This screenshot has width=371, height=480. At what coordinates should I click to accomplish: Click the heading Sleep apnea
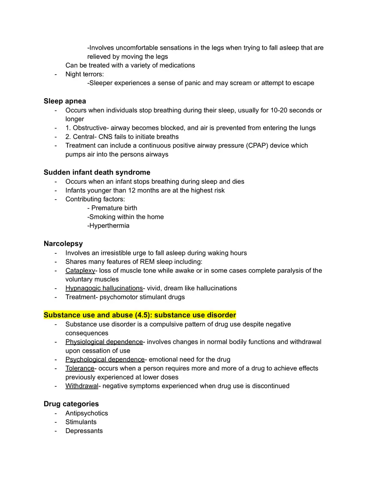click(65, 101)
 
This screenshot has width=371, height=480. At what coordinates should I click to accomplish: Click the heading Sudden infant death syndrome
click(97, 172)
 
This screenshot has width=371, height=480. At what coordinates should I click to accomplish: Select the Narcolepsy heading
click(63, 244)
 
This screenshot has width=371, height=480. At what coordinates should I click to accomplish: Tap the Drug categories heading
click(71, 404)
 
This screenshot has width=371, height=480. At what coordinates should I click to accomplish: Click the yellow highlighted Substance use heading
click(140, 315)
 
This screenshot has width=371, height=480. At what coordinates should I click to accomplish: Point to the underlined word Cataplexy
click(80, 271)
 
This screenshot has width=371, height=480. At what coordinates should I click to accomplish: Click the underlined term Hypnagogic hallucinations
click(104, 288)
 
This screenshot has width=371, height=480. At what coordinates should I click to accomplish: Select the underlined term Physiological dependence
click(104, 342)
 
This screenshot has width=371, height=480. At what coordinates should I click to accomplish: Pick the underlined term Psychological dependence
click(105, 359)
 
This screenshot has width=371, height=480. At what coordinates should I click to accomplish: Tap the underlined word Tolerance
click(80, 368)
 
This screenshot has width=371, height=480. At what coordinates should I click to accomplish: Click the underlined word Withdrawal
click(82, 386)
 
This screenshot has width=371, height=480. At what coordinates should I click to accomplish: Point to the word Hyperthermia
click(109, 225)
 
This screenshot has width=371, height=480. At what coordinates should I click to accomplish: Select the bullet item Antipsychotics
click(86, 413)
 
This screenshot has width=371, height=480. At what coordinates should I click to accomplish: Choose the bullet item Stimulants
click(81, 422)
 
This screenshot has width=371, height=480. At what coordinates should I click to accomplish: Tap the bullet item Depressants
click(84, 431)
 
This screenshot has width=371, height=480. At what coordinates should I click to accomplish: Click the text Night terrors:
click(84, 75)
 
